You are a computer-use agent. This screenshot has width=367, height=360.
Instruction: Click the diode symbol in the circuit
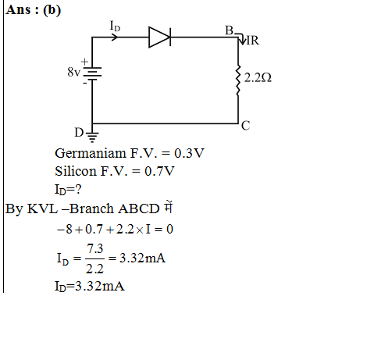(x=159, y=37)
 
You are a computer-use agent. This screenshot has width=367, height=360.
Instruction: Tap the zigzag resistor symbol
(x=237, y=80)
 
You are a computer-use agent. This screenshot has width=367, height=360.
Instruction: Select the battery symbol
(x=92, y=73)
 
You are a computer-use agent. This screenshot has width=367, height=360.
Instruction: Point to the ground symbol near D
(x=92, y=137)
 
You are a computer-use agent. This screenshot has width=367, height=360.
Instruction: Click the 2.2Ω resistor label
(x=258, y=78)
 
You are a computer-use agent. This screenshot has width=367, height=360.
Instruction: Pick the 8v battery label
(x=73, y=72)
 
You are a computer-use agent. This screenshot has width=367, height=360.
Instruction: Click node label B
(x=229, y=30)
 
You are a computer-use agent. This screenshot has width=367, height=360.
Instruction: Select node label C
(x=245, y=126)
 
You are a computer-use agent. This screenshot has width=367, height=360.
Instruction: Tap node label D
(x=79, y=133)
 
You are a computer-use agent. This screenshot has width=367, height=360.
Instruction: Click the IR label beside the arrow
(x=252, y=41)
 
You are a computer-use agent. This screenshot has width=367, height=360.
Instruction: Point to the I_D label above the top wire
(x=115, y=27)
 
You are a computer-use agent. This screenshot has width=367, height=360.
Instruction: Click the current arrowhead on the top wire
(x=115, y=37)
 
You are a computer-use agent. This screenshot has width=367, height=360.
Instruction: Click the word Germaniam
(x=91, y=153)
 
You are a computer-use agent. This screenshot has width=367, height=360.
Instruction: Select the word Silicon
(x=76, y=171)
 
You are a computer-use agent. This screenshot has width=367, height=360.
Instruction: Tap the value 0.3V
(x=189, y=153)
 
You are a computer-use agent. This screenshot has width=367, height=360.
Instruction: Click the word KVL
(x=42, y=209)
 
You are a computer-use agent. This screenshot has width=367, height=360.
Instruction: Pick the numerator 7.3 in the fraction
(x=95, y=248)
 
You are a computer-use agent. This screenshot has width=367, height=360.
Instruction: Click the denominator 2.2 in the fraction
(x=94, y=269)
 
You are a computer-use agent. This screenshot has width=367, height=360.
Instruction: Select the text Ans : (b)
(x=34, y=10)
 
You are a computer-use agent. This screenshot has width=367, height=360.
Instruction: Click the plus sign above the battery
(x=84, y=62)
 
